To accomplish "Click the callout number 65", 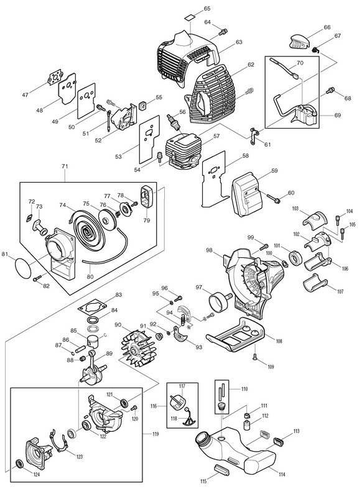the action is click(207, 8).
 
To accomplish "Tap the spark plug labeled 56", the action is click(172, 121).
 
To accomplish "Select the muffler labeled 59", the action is click(246, 197).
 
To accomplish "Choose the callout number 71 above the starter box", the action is click(65, 166).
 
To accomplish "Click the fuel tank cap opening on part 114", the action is click(203, 440).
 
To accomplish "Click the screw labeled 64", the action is click(223, 31).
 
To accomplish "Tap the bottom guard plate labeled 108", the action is click(236, 334).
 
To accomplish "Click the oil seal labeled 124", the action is click(19, 464).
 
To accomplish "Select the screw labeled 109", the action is click(254, 357).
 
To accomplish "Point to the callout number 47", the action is click(26, 95).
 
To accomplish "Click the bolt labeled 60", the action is click(274, 198).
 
